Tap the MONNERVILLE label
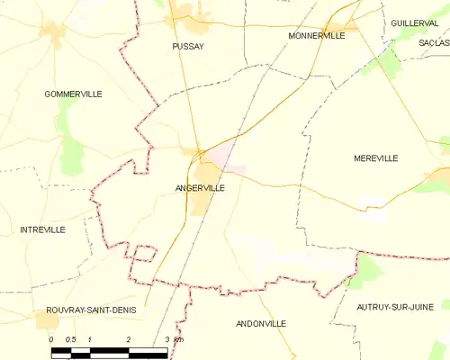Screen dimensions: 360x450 [317, 35]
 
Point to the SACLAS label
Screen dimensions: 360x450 [434, 42]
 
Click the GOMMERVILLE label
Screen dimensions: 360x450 [73, 94]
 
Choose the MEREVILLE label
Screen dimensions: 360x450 [376, 157]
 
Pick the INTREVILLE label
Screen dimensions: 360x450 [42, 229]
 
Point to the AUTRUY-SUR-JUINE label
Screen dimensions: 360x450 [391, 308]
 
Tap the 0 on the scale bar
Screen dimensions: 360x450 [51, 339]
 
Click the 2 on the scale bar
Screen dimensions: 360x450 [129, 339]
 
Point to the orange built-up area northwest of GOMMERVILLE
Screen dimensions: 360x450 [54, 34]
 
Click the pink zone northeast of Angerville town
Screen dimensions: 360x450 [232, 162]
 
